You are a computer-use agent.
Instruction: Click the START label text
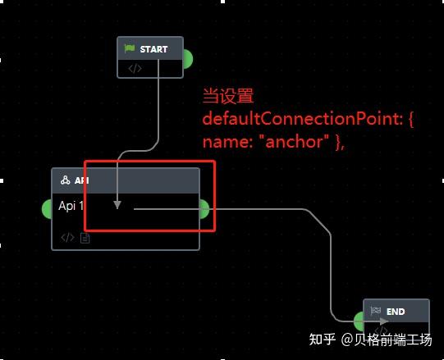[x=153, y=49]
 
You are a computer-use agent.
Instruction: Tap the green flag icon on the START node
[x=130, y=49]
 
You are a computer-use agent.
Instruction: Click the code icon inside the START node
[x=135, y=68]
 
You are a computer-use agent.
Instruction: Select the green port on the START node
[x=187, y=59]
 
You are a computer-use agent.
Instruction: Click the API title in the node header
[x=81, y=180]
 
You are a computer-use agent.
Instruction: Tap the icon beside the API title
[x=66, y=180]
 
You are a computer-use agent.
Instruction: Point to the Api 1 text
[x=71, y=205]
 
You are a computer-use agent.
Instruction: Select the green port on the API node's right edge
[x=204, y=209]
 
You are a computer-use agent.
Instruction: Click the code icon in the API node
[x=67, y=238]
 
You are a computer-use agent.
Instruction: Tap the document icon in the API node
[x=85, y=238]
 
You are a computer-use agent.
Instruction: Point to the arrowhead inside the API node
[x=117, y=204]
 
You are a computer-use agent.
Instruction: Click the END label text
[x=396, y=312]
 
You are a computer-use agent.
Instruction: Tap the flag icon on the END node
[x=376, y=312]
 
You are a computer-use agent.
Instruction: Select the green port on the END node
[x=359, y=321]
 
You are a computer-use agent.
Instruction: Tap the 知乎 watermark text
[x=323, y=339]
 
